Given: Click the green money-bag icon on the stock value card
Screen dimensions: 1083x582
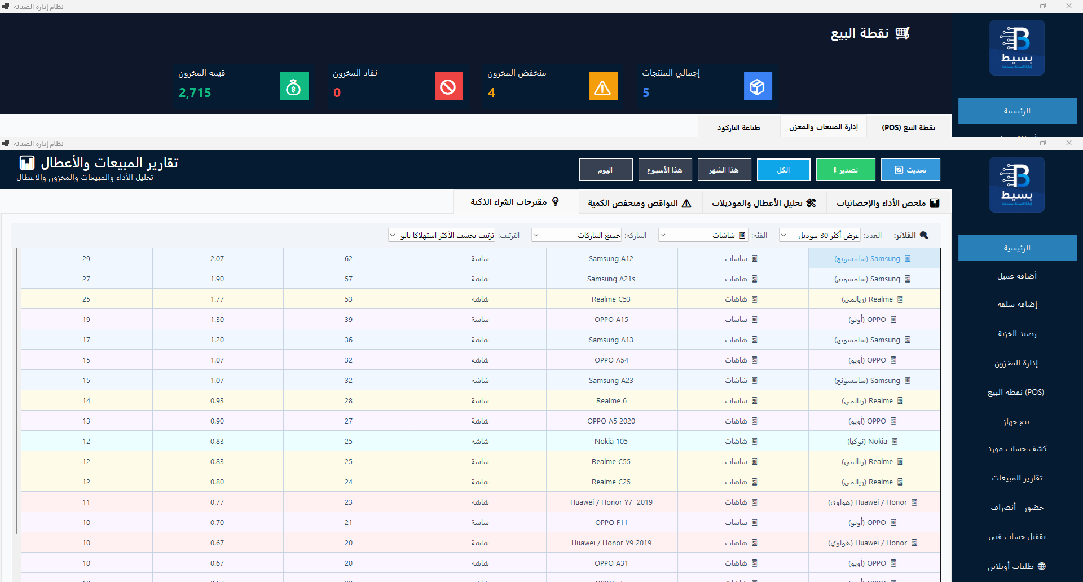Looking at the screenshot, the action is tap(294, 86).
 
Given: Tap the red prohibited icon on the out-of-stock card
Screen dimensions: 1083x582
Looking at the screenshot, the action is tap(448, 86).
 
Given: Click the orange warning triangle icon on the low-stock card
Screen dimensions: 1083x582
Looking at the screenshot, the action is tap(603, 86).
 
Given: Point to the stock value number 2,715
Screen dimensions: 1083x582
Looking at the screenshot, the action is tap(195, 92).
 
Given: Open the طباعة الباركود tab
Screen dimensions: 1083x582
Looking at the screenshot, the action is tap(739, 127).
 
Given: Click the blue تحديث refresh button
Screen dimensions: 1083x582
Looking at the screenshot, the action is tap(910, 170).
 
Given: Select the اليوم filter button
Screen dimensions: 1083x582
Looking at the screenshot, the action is tap(606, 170).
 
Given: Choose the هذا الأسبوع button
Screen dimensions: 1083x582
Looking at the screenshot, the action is tap(665, 170).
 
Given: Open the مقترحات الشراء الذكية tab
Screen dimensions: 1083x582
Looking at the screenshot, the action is tap(515, 202).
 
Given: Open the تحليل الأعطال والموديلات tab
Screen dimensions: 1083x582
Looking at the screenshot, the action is tap(764, 202).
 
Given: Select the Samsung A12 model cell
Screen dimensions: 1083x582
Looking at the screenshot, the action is tap(611, 259).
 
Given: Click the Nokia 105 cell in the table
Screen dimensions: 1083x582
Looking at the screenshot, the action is tap(611, 442).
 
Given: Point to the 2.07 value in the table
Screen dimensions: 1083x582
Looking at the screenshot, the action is tap(217, 259).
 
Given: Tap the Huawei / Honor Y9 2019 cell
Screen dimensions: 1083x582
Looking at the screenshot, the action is tap(611, 543).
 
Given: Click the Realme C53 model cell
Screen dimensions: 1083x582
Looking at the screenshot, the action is tap(611, 299).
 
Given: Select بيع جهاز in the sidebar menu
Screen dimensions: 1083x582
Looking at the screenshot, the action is tap(1016, 422).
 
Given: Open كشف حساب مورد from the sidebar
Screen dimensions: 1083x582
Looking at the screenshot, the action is tap(1016, 449).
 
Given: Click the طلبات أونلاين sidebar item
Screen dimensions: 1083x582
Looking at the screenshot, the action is tap(1016, 566).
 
